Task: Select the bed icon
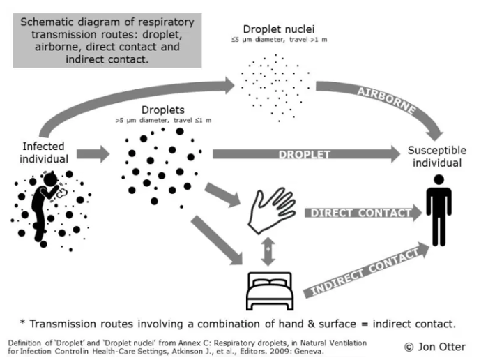click(268, 292)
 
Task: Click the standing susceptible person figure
click(438, 209)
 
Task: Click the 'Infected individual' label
click(43, 152)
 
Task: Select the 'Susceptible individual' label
click(434, 156)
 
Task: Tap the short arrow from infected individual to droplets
click(93, 153)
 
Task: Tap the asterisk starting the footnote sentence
click(24, 323)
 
